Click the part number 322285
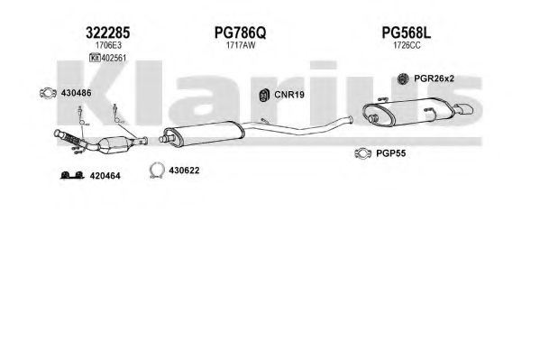108,32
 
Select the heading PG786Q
240,32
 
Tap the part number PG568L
407,32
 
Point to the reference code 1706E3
108,45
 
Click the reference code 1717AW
241,45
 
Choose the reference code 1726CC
407,45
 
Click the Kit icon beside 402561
95,58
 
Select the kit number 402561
114,58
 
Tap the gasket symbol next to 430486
48,93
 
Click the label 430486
76,93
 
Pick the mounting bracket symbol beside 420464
72,175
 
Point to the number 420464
105,176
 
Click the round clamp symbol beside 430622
157,170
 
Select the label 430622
184,171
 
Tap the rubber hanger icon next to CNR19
264,95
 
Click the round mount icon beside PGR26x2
403,79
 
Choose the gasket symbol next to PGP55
363,153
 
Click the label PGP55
391,153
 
